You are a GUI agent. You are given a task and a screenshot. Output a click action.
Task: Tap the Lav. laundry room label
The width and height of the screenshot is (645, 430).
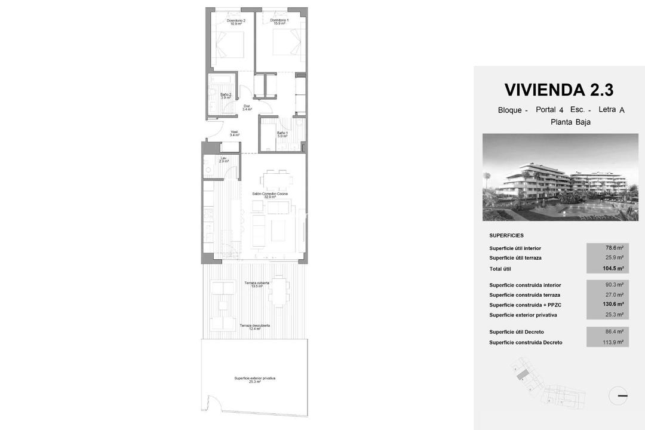(x=224, y=159)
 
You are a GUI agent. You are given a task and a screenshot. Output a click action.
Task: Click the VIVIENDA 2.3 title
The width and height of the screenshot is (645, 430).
(x=558, y=90)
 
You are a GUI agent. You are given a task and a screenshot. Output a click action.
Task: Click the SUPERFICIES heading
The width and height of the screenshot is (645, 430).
(x=506, y=235)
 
